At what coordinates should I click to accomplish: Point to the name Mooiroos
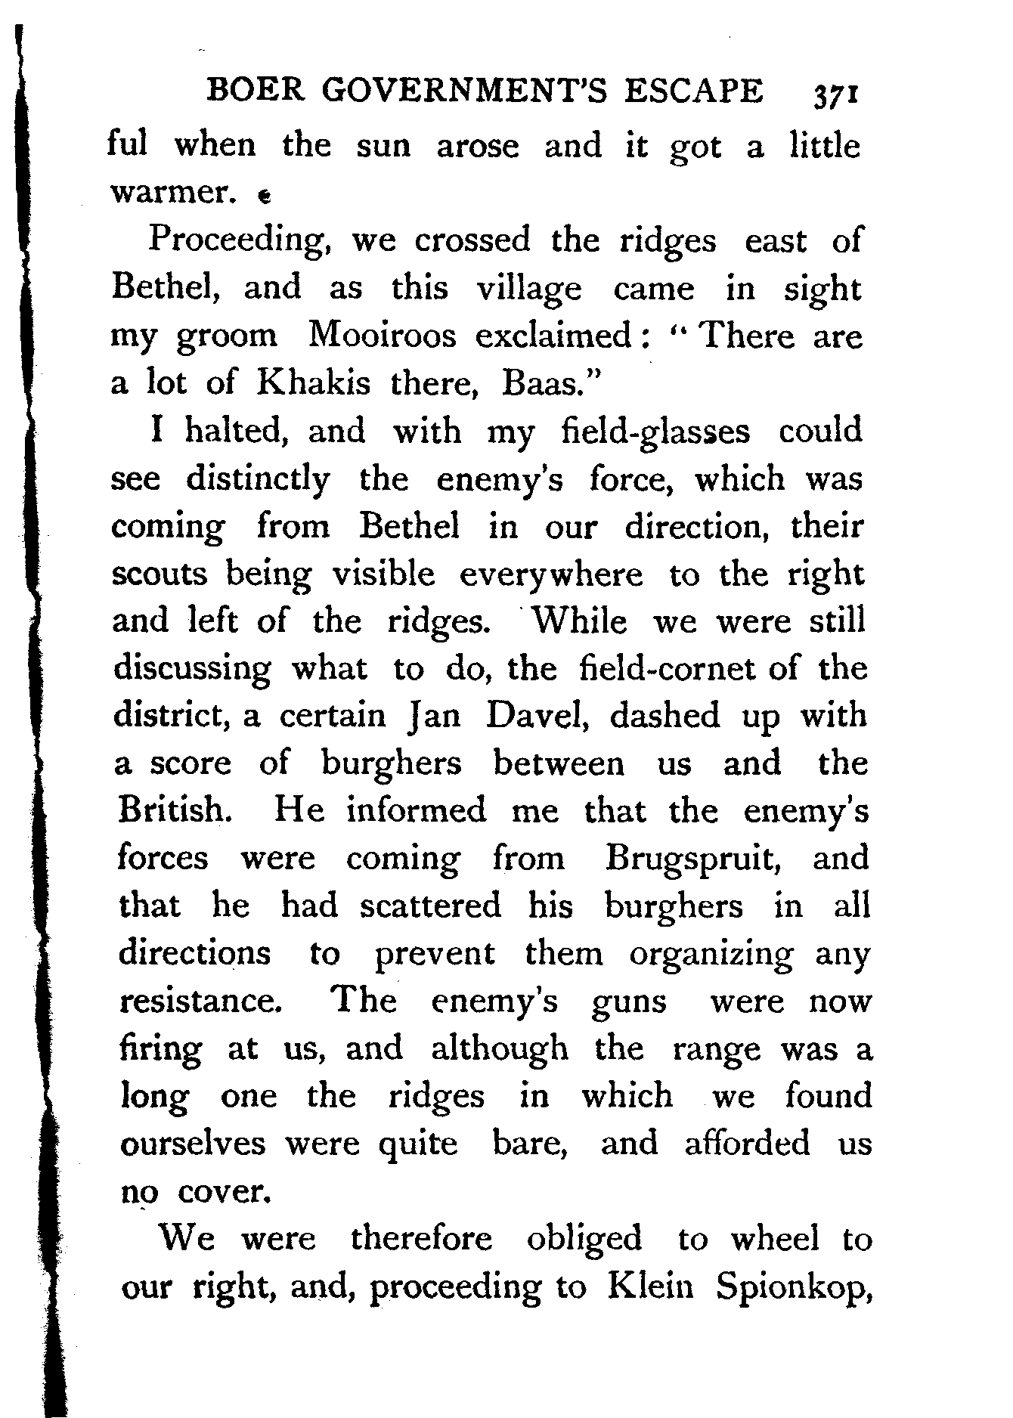point(383,336)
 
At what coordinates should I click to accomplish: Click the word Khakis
point(314,384)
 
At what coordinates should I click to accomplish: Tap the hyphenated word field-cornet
point(666,669)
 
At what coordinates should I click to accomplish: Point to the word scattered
point(430,906)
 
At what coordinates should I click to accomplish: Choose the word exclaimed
point(557,336)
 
